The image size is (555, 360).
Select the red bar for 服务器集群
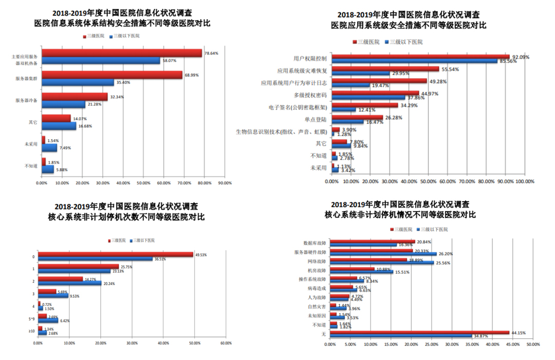[x=112, y=75]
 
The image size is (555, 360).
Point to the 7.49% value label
[x=65, y=148]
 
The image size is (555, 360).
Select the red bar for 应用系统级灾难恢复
[x=385, y=69]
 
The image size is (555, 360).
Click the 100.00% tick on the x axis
[x=524, y=181]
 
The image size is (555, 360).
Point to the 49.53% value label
[x=201, y=254]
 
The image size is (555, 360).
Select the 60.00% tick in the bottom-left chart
[x=225, y=343]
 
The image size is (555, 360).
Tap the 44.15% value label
[x=517, y=332]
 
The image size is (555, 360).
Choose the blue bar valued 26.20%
[x=383, y=254]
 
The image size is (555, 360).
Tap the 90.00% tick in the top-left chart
[x=225, y=182]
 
